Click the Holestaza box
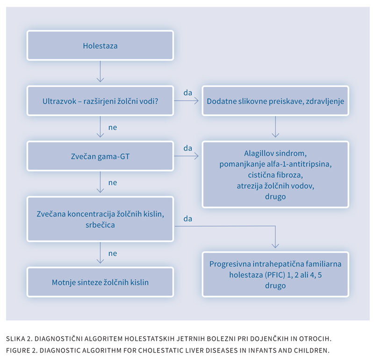100,45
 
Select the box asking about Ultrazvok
100,101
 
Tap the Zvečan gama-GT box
100,156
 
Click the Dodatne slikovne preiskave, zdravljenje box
275,101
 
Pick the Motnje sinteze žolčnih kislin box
100,282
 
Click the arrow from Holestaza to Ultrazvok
100,72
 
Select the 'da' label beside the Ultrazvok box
188,93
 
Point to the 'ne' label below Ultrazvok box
113,127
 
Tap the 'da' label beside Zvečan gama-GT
188,148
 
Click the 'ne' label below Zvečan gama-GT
113,183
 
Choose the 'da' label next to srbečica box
188,218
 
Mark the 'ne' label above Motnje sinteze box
113,253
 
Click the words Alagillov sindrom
275,153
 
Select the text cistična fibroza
275,175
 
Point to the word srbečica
100,225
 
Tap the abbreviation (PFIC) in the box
274,275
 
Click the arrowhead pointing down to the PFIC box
275,246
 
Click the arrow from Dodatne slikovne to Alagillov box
275,127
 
